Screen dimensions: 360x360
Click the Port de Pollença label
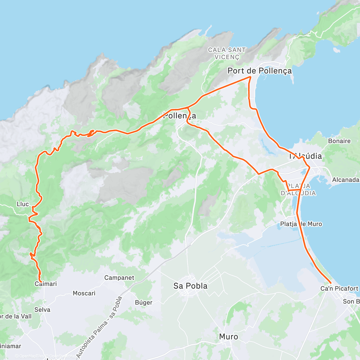(259, 71)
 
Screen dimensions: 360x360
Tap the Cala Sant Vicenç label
(227, 53)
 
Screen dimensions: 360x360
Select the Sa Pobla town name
(190, 286)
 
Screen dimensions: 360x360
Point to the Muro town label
(228, 337)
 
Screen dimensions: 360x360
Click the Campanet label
(119, 278)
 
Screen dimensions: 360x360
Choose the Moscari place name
(84, 293)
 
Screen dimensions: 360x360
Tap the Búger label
(143, 302)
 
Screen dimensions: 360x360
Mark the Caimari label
(46, 284)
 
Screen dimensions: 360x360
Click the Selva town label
(42, 310)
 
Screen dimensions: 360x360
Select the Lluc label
(23, 204)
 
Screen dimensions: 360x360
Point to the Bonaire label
(339, 141)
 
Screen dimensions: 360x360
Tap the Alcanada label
(346, 180)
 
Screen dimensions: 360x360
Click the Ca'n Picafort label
(339, 289)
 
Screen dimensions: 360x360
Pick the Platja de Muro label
(301, 224)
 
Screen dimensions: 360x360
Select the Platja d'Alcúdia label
(298, 190)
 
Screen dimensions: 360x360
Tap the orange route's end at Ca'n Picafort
(331, 283)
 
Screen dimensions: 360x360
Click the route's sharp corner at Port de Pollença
(250, 77)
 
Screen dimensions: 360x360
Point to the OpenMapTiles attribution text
(29, 356)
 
